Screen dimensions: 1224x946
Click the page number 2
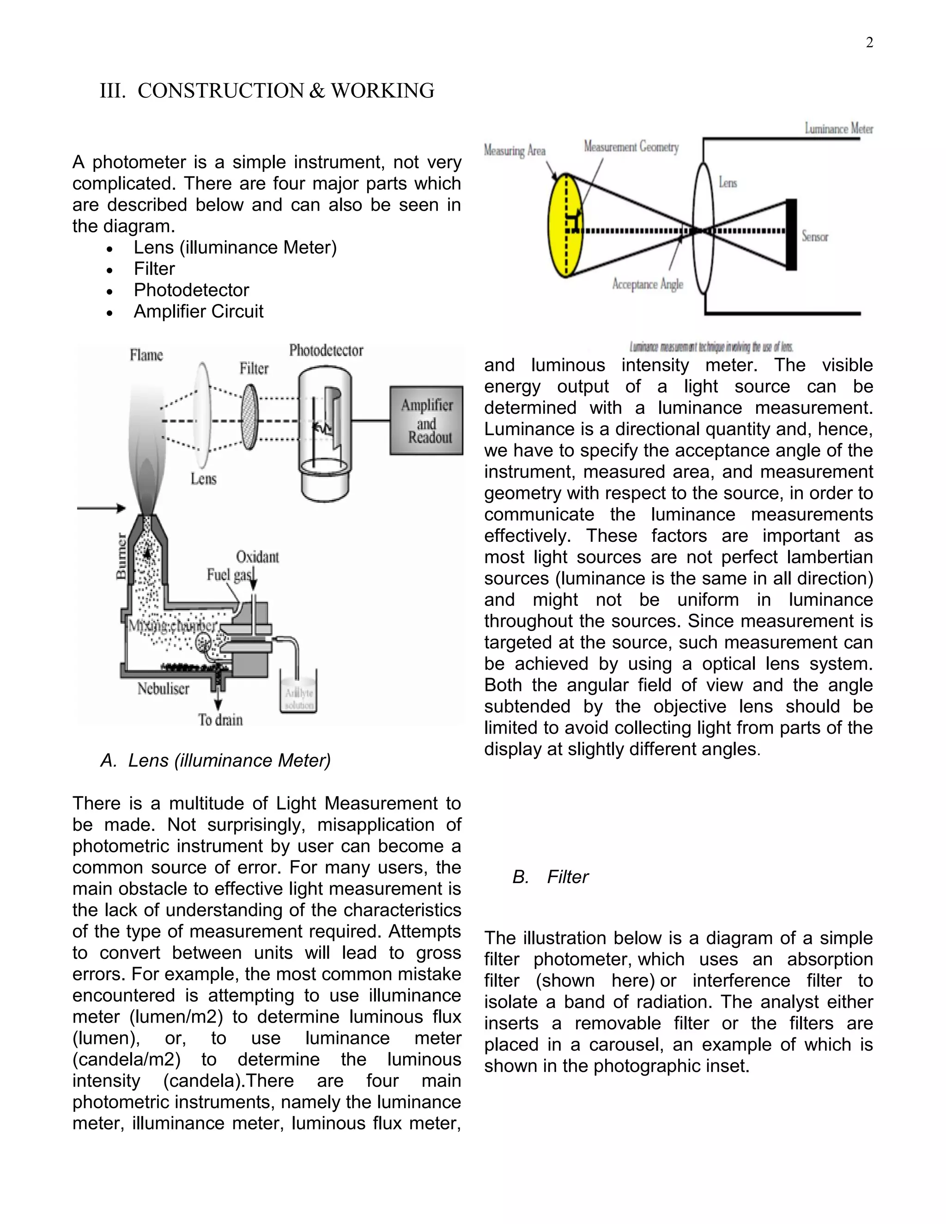pyautogui.click(x=869, y=43)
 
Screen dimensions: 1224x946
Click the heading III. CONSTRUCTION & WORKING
pyautogui.click(x=267, y=91)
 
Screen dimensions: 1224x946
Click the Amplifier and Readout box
pyautogui.click(x=426, y=420)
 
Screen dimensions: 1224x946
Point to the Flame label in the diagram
pyautogui.click(x=146, y=355)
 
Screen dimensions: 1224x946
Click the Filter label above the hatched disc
pyautogui.click(x=254, y=368)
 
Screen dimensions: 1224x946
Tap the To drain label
pyautogui.click(x=220, y=720)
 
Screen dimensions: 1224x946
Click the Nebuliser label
pyautogui.click(x=163, y=688)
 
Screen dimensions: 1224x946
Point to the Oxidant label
pyautogui.click(x=257, y=557)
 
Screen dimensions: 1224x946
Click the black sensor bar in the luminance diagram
pyautogui.click(x=791, y=234)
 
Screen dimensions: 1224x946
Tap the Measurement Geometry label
pyautogui.click(x=631, y=147)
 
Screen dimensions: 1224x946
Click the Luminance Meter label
pyautogui.click(x=838, y=129)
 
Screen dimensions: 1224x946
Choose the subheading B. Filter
pyautogui.click(x=550, y=877)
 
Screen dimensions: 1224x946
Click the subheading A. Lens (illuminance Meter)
pyautogui.click(x=216, y=761)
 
